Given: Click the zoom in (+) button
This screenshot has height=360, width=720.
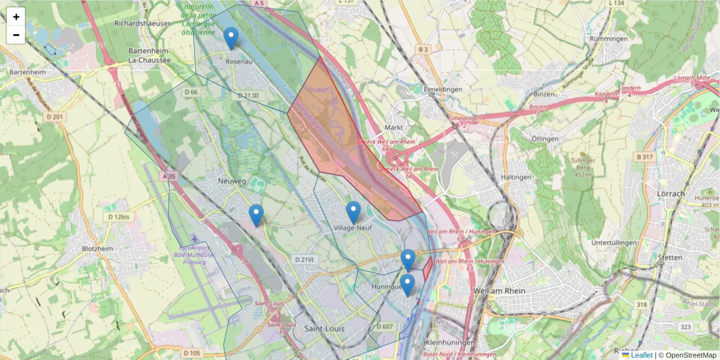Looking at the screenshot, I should click(16, 17).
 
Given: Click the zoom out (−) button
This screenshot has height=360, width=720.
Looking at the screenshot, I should click(16, 35).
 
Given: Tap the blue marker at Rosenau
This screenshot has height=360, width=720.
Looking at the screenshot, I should click(231, 38).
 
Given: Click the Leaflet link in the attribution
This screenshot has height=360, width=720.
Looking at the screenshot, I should click(641, 355).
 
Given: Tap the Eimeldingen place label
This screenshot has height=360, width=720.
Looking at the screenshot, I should click(442, 89).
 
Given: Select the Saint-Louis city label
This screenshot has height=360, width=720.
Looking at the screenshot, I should click(323, 329).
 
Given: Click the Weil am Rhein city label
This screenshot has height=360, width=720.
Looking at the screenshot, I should click(499, 290).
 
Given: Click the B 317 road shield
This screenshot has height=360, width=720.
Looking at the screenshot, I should click(643, 157).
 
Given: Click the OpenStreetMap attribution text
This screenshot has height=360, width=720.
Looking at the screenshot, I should click(691, 355).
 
